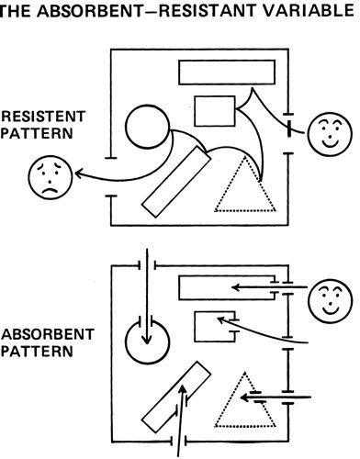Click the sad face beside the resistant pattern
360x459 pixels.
click(51, 177)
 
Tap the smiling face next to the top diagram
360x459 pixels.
click(330, 134)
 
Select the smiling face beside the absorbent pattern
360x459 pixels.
click(331, 301)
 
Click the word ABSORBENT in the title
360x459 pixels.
click(92, 11)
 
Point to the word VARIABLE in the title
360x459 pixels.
click(309, 11)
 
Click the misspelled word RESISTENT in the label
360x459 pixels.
click(43, 117)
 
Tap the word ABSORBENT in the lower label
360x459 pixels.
click(48, 334)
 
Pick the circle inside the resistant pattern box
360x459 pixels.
click(147, 127)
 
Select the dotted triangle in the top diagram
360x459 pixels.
click(245, 184)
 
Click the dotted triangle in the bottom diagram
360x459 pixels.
click(245, 399)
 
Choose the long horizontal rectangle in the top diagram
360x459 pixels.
click(227, 73)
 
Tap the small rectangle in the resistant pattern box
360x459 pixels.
click(215, 111)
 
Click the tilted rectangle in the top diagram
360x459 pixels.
click(176, 182)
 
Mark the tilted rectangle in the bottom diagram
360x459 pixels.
click(176, 397)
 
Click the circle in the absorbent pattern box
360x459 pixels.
click(147, 341)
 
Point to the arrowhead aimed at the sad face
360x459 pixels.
click(78, 174)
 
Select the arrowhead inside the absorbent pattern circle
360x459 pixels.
click(147, 340)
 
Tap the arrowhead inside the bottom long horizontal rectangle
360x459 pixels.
click(235, 287)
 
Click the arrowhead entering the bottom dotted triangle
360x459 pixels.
click(244, 397)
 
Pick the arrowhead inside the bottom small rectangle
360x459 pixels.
click(221, 320)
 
